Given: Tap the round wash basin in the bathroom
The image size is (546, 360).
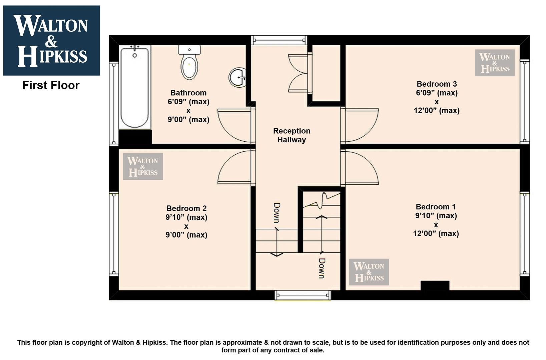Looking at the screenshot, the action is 237,77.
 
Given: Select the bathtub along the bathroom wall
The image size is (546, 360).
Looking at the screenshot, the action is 134,87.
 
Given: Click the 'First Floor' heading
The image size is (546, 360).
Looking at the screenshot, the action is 51,85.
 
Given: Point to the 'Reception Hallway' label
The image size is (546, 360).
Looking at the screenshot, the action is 292,135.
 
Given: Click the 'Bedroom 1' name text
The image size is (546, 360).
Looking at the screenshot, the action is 436,207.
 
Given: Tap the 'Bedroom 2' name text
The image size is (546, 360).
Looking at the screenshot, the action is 186,208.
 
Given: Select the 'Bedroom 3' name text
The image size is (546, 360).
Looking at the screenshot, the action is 437,84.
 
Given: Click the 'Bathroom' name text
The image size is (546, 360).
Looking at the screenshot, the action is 188,93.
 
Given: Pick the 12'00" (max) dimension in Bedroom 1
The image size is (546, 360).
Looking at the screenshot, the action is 436,233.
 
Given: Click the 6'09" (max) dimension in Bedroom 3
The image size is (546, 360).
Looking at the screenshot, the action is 437,93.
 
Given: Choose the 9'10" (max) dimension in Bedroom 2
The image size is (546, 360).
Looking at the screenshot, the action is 186,217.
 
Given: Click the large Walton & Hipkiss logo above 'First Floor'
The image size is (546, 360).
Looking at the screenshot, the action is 51,40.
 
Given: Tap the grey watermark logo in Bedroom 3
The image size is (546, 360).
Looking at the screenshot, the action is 495,63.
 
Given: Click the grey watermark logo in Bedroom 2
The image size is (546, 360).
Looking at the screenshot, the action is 143,167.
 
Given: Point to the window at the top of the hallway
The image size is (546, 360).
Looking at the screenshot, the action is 279,40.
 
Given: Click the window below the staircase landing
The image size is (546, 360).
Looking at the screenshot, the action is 303,295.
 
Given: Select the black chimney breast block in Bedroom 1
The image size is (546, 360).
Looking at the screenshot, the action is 435,285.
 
